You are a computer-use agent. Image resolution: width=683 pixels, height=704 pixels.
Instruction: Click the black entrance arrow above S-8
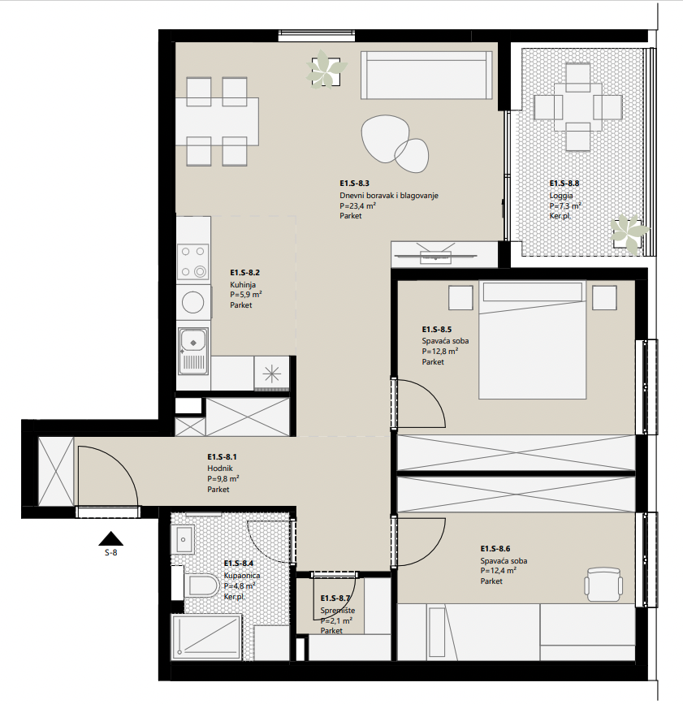pos(111,538)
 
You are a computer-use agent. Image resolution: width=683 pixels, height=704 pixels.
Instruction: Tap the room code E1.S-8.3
pos(354,184)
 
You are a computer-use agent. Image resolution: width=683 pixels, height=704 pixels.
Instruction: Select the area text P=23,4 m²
pos(357,205)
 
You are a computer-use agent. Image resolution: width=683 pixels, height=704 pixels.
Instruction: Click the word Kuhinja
pos(243,285)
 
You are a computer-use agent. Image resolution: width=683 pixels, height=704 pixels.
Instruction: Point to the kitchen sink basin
pos(193,343)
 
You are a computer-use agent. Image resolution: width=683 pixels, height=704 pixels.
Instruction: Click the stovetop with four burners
pos(193,261)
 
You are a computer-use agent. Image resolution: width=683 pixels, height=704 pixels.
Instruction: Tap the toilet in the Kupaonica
pos(201,585)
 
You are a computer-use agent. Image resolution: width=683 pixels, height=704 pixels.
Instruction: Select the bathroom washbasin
pos(183,538)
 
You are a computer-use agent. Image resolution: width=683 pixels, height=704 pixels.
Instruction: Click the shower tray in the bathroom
pos(206,637)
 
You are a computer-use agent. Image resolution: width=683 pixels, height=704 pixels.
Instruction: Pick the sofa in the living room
pos(426,75)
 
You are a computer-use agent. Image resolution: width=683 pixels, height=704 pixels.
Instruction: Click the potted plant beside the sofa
pos(326,69)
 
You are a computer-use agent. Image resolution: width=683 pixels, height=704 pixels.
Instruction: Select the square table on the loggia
pos(577,107)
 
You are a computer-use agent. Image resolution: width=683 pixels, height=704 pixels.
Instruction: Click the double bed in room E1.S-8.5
pos(533,340)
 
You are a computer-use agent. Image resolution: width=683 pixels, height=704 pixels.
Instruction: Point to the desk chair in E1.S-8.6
pos(603,584)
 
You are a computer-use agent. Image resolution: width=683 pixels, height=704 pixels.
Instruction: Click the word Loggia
pos(561,196)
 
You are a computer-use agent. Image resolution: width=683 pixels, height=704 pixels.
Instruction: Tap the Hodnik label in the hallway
pos(219,469)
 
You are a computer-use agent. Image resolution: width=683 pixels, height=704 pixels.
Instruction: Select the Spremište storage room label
pos(338,611)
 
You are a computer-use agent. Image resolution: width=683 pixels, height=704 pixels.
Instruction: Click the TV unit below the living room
pos(435,254)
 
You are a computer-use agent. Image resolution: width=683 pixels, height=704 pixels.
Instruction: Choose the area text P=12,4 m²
pos(499,571)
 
